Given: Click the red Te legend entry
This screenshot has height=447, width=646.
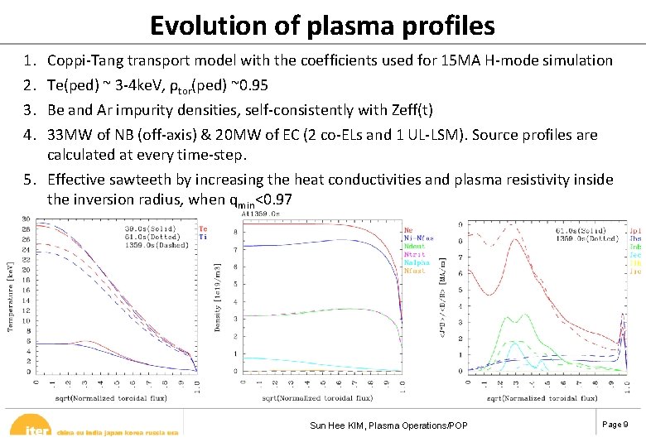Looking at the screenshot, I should (204, 228).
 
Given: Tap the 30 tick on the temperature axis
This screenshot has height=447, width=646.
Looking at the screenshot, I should (26, 219).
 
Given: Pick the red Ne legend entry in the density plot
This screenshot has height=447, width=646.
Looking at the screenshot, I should (408, 229).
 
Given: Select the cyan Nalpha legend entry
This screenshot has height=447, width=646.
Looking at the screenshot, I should (416, 262).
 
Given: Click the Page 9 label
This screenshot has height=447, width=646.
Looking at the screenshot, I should (615, 424).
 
